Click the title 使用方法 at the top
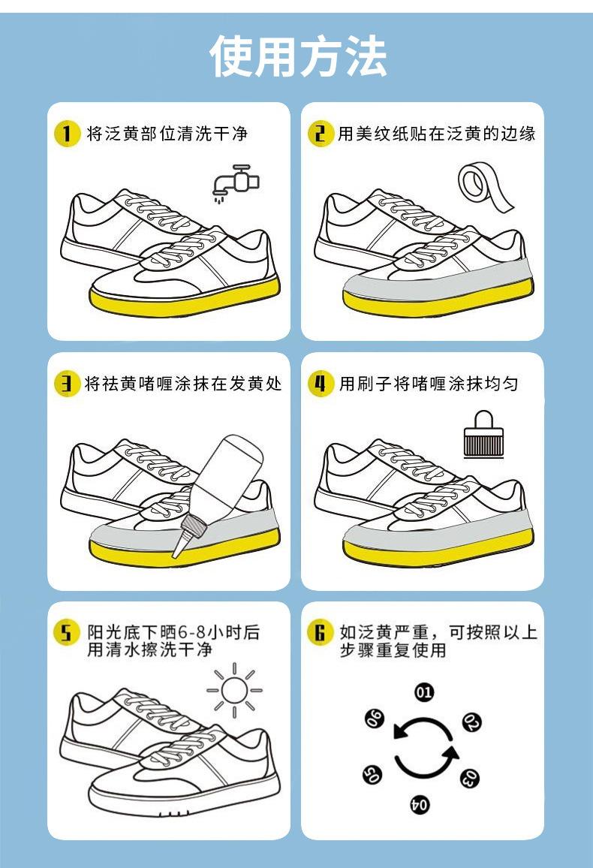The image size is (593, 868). pos(297,56)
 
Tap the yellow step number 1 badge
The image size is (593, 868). pos(67,134)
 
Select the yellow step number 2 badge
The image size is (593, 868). pos(321,134)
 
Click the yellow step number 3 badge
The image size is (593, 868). pos(67,384)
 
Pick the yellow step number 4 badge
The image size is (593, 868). pos(321,384)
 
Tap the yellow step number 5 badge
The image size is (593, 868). pos(67,633)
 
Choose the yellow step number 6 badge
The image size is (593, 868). pos(321,633)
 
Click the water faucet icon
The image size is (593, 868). pos(236,183)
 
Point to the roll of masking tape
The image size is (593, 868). pos(485,186)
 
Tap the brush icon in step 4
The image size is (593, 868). pos(483,434)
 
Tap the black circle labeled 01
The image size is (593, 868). pos(424,692)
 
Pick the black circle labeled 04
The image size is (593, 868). pos(420,803)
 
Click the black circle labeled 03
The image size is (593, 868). pos(470,778)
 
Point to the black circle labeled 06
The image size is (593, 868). pos(375,718)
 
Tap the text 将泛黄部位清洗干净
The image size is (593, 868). pos(167,134)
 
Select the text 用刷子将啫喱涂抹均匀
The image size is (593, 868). pos(429,384)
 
